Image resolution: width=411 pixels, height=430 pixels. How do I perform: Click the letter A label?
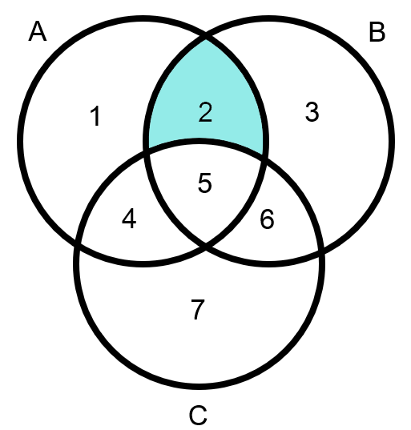(x=38, y=31)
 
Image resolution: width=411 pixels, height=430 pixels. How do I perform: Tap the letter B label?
(x=377, y=32)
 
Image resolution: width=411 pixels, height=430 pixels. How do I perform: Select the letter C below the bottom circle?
(x=198, y=416)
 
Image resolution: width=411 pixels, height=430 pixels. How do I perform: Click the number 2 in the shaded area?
(x=205, y=112)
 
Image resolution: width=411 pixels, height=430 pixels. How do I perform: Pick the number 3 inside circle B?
(x=312, y=111)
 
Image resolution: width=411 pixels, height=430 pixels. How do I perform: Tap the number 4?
(x=129, y=219)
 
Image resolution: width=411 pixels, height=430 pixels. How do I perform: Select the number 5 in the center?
(x=205, y=183)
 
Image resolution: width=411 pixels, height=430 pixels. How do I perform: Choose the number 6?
(x=267, y=219)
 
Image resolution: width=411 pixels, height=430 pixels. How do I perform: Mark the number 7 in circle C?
(x=198, y=310)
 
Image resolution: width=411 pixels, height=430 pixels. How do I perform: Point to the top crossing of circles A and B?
(x=206, y=36)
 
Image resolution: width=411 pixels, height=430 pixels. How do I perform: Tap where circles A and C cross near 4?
(x=78, y=243)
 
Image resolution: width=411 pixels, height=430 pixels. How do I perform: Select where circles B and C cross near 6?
(x=321, y=249)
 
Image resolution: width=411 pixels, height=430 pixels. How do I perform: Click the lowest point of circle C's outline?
(x=199, y=387)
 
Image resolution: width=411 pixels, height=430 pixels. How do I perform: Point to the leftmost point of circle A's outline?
(x=20, y=141)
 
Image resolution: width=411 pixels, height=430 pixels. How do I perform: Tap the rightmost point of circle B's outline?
(x=392, y=141)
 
